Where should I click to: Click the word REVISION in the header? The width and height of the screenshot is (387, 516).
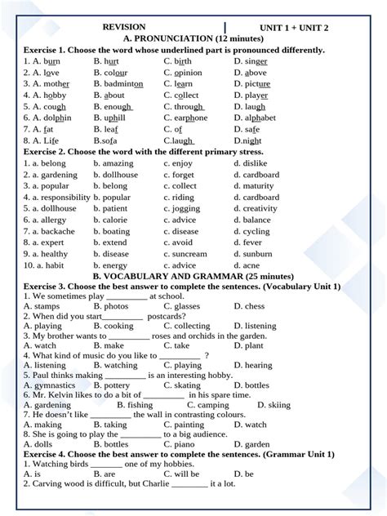coord(124,27)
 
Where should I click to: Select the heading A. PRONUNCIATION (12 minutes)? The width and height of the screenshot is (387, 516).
coord(193,38)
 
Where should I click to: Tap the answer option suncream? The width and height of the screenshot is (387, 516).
coord(190,254)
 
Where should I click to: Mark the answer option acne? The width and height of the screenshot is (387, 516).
coord(251,265)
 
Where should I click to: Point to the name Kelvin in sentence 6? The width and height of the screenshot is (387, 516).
coord(56,395)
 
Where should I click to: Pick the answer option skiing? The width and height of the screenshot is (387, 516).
coord(279,405)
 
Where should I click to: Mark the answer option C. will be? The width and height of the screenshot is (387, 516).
coord(181,474)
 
